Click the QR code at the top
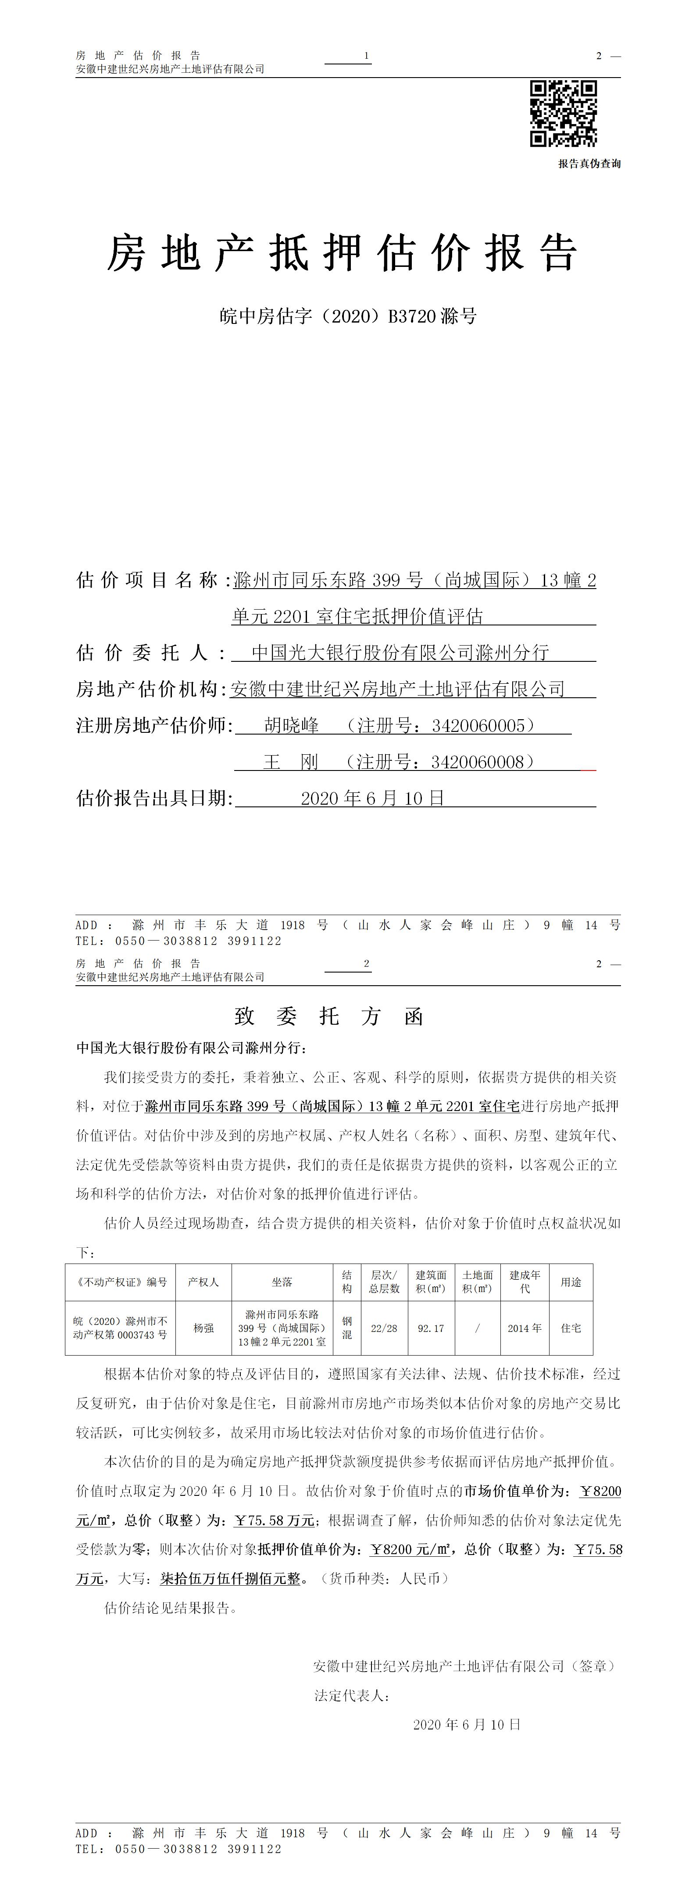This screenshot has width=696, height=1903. pyautogui.click(x=563, y=113)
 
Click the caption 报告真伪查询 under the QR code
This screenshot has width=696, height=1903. pyautogui.click(x=589, y=163)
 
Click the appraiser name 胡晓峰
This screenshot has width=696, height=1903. pyautogui.click(x=291, y=725)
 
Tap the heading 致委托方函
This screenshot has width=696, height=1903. pyautogui.click(x=329, y=1016)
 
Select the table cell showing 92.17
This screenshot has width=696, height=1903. pyautogui.click(x=431, y=1328)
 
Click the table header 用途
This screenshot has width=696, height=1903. pyautogui.click(x=571, y=1282)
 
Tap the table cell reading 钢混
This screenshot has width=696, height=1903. pyautogui.click(x=346, y=1328)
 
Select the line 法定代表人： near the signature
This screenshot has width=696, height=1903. pyautogui.click(x=351, y=1695)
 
